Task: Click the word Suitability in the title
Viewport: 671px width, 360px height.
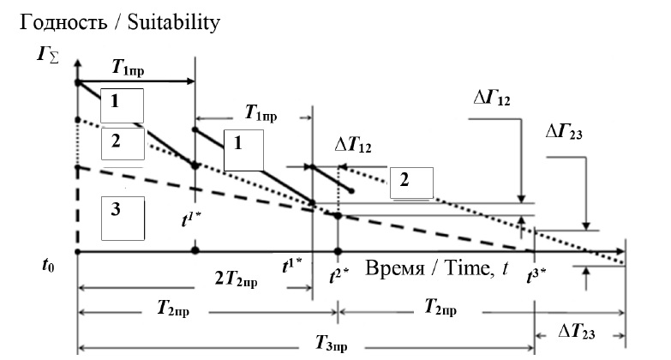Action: tap(174, 22)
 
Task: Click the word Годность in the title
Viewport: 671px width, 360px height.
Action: tap(63, 22)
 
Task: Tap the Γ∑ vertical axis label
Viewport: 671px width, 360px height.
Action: tap(47, 55)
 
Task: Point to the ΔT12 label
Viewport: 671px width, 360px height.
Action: tap(353, 145)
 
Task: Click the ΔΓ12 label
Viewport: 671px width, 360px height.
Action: tap(492, 98)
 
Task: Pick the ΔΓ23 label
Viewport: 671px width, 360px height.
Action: tap(564, 132)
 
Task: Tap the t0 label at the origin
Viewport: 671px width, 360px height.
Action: tap(48, 266)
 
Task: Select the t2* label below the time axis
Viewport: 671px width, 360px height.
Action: tap(339, 276)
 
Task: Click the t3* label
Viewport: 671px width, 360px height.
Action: tap(536, 276)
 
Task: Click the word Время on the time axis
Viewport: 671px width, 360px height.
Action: tap(394, 268)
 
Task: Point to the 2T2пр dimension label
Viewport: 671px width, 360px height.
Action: tap(236, 279)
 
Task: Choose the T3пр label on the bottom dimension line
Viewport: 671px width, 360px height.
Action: tap(332, 344)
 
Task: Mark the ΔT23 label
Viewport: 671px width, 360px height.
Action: tap(577, 332)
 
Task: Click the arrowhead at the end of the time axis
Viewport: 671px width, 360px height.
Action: tap(620, 251)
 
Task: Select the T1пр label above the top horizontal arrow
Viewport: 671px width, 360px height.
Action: tap(128, 68)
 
